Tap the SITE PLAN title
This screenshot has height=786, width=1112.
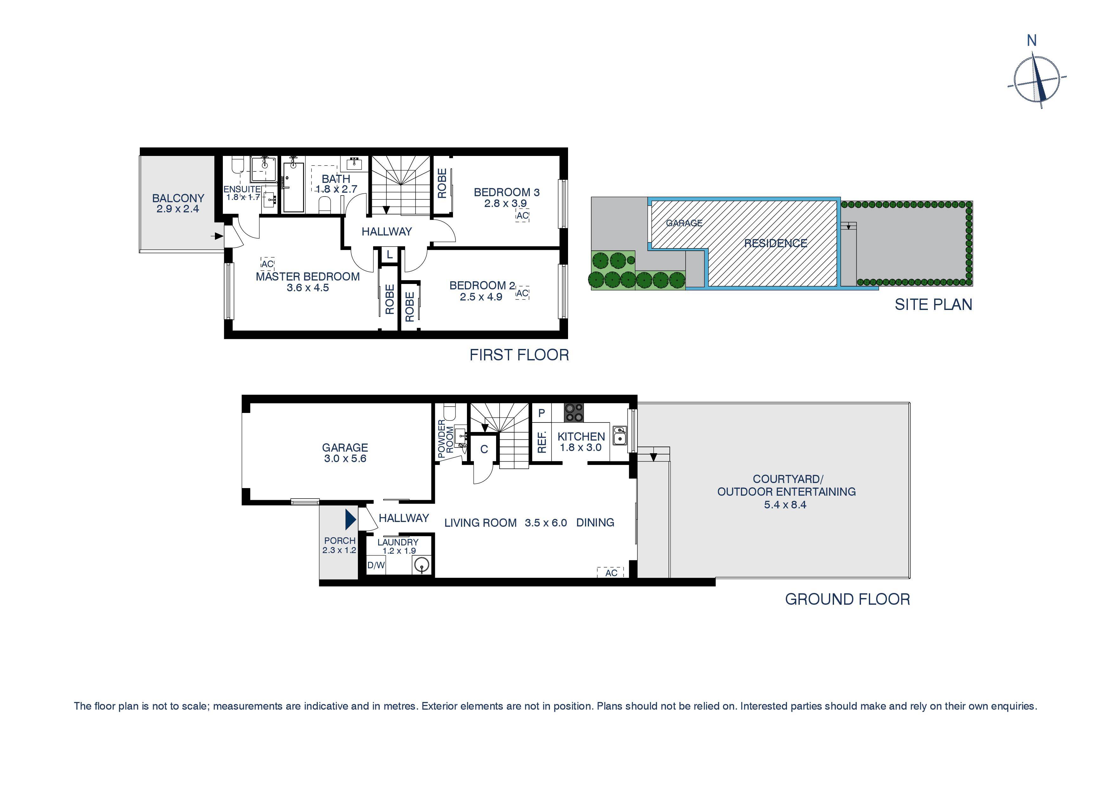pos(933,305)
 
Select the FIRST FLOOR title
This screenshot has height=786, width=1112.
pos(519,355)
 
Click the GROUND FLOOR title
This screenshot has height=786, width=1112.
pos(847,600)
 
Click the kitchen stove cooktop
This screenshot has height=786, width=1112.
pos(574,413)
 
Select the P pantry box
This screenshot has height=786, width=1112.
pos(541,413)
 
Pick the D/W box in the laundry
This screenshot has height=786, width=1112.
pos(376,565)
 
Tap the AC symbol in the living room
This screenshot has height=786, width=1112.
pos(611,573)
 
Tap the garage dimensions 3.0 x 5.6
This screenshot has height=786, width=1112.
pos(345,459)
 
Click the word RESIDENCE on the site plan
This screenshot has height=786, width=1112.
pos(775,244)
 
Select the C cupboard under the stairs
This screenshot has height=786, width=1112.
pos(483,449)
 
